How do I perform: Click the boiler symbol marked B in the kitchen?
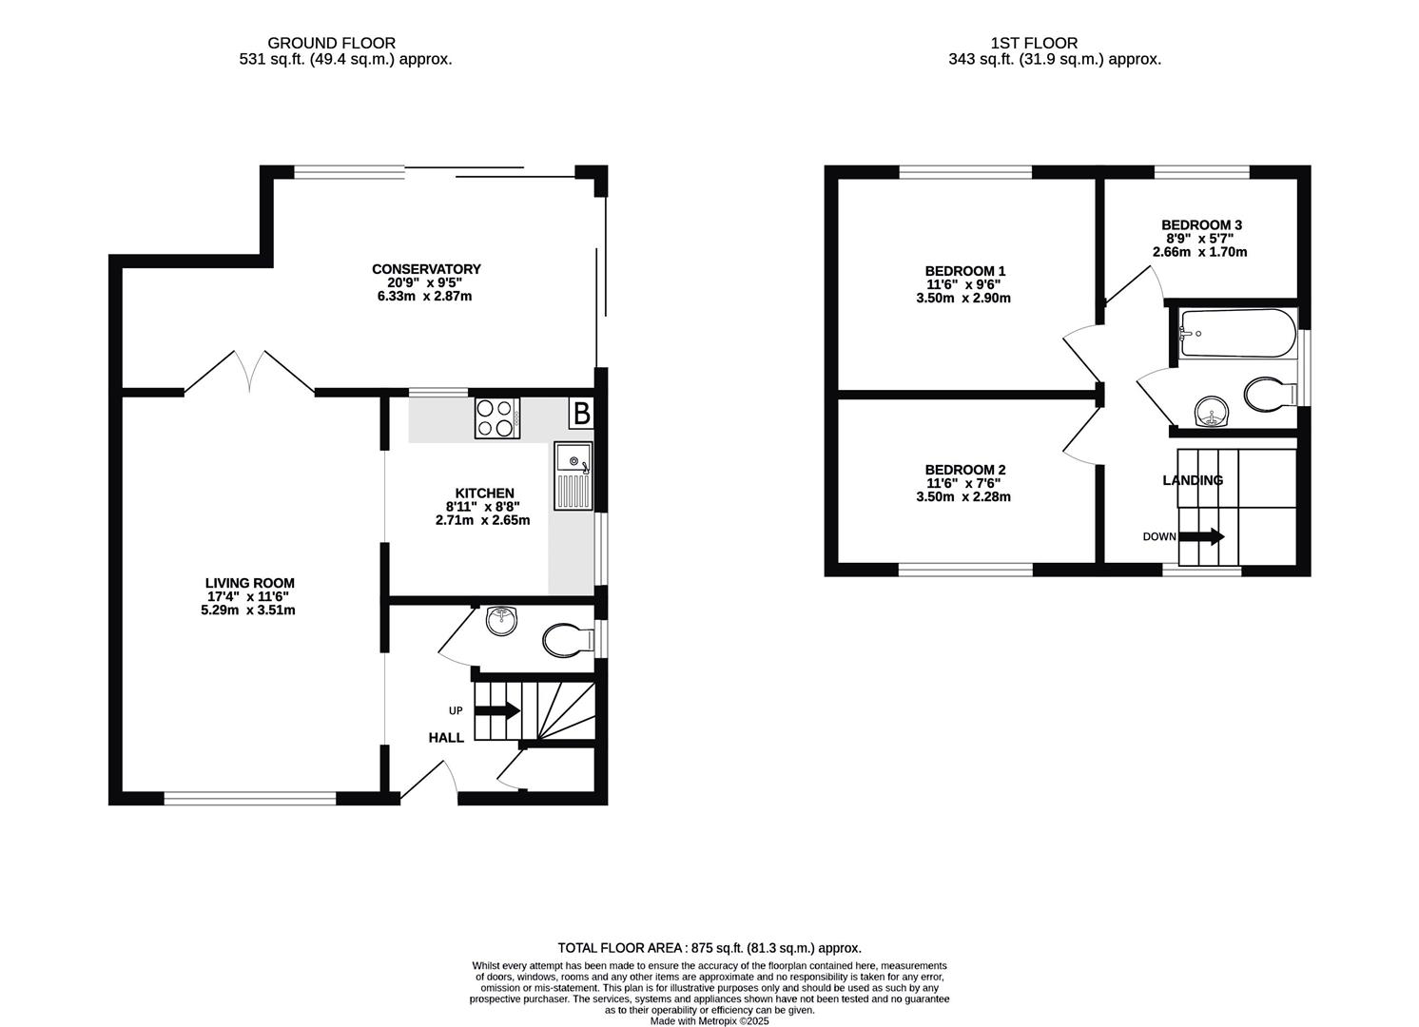pyautogui.click(x=581, y=413)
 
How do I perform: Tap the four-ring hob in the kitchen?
pyautogui.click(x=496, y=418)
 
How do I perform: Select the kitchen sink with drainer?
pyautogui.click(x=573, y=475)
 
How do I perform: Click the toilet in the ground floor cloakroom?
pyautogui.click(x=567, y=640)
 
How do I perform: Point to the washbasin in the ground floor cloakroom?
pyautogui.click(x=502, y=620)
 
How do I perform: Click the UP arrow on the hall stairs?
pyautogui.click(x=497, y=710)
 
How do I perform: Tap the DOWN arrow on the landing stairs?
pyautogui.click(x=1201, y=536)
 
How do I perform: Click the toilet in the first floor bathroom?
pyautogui.click(x=1270, y=395)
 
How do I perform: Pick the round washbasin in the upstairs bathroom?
pyautogui.click(x=1212, y=412)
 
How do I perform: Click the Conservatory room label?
pyautogui.click(x=426, y=269)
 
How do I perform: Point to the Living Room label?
pyautogui.click(x=249, y=583)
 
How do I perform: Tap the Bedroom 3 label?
pyautogui.click(x=1202, y=225)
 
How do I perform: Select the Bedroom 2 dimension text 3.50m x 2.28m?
pyautogui.click(x=963, y=496)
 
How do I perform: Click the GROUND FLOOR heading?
pyautogui.click(x=331, y=43)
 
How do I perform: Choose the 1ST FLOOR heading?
pyautogui.click(x=1035, y=43)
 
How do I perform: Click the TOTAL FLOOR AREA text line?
pyautogui.click(x=709, y=948)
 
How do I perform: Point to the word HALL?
pyautogui.click(x=446, y=738)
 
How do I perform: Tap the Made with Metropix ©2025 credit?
pyautogui.click(x=709, y=1020)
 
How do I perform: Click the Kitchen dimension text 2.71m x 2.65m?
pyautogui.click(x=483, y=520)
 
